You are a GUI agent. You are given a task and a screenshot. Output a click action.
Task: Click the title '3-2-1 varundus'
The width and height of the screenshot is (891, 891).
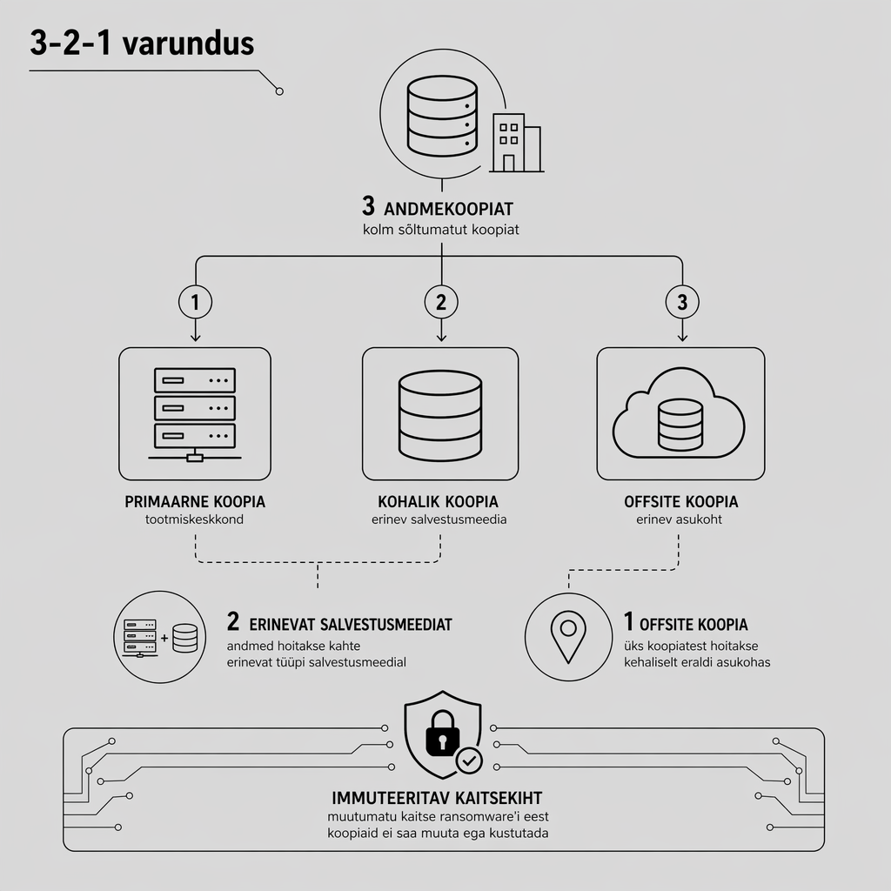pos(142,44)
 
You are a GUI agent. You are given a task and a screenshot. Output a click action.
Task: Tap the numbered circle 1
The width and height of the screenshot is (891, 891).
pos(196,302)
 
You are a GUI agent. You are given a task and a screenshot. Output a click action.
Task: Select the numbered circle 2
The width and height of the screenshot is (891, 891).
pos(441,302)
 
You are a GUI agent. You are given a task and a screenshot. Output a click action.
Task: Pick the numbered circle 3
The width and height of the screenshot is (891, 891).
pos(682,302)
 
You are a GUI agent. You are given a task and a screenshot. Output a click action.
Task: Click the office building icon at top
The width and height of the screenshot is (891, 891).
pos(517,142)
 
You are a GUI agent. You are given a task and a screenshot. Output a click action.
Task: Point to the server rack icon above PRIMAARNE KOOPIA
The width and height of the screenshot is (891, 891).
pos(195,414)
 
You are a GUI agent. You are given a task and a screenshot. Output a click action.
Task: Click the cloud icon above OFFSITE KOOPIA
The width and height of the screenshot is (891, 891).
pos(679,413)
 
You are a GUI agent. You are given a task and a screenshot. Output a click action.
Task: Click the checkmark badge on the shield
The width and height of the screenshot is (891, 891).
pos(469,760)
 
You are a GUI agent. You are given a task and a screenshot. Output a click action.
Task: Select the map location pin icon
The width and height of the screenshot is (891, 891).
pos(568,636)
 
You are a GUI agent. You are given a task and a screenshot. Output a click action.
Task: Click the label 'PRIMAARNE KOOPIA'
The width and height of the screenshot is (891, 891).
pos(195,502)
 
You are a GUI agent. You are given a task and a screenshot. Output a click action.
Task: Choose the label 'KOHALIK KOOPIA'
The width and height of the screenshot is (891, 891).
pos(439,502)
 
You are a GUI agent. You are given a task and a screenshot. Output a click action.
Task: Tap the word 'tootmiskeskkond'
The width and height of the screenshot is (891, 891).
pos(194,519)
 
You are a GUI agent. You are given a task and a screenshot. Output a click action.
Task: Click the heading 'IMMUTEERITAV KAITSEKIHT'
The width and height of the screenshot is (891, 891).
pos(437,798)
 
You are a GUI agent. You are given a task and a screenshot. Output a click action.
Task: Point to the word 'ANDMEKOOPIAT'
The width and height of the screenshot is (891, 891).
pos(448,209)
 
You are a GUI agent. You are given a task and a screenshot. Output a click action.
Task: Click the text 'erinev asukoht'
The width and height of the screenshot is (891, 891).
pos(679,519)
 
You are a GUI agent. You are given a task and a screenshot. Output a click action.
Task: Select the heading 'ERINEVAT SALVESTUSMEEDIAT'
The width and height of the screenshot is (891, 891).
pos(351,625)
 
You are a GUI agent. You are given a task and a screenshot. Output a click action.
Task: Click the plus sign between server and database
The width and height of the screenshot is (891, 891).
pos(164,638)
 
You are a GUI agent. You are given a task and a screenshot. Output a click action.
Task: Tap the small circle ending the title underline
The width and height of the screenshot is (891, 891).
pos(279,90)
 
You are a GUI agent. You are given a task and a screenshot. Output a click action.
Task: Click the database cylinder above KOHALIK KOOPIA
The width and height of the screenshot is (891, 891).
pos(440,415)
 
